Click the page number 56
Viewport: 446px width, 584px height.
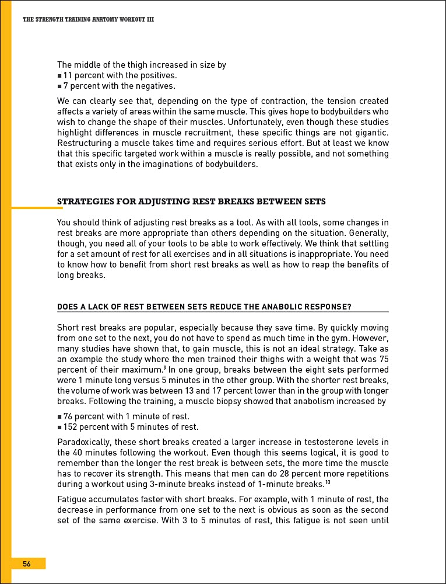coord(27,564)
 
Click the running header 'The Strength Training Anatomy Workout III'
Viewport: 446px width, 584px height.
coord(88,19)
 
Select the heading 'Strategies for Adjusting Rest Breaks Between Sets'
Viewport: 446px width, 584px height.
coord(191,201)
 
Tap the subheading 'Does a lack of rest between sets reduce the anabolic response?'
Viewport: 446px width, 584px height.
coord(204,307)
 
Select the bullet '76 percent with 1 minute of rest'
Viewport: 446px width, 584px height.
coord(126,416)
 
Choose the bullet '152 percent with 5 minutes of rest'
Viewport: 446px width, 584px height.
coord(131,427)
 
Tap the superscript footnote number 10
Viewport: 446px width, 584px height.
coord(328,481)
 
